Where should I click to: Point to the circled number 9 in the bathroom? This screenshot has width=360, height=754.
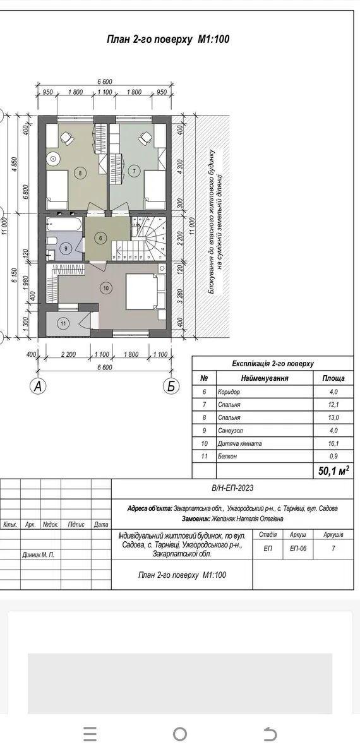point(66,249)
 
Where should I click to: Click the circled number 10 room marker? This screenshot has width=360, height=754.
point(106,288)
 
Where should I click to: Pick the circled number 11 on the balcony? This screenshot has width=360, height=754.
point(64,323)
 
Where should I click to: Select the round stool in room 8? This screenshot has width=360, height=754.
point(52,157)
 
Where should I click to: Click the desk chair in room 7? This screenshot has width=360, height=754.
point(144,138)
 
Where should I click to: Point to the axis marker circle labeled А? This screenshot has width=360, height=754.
point(37,386)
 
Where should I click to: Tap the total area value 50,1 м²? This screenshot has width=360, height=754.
point(333,470)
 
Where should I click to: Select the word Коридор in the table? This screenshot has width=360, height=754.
point(229,392)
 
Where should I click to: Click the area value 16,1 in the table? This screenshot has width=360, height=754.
point(333,444)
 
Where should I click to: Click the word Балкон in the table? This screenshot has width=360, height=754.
point(228,457)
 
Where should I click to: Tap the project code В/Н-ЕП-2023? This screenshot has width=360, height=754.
point(232,489)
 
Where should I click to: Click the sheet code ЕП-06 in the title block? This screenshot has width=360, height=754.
point(299,548)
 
